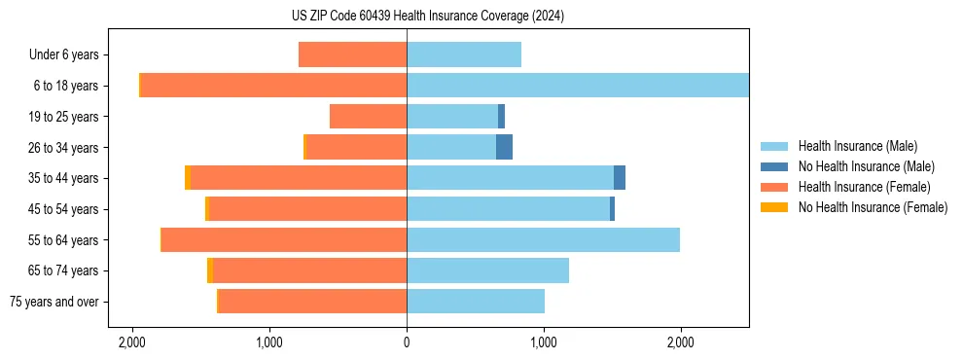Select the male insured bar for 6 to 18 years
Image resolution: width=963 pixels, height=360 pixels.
point(578,86)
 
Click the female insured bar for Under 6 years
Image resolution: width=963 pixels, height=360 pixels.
point(352,54)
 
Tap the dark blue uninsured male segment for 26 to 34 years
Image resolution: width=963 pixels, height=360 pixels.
point(504,147)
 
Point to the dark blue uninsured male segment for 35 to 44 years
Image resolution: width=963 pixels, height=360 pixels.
point(620,178)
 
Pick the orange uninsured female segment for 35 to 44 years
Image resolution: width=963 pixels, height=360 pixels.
point(188,178)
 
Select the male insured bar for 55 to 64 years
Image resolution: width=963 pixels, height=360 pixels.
point(543,239)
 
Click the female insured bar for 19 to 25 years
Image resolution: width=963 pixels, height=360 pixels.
point(368,117)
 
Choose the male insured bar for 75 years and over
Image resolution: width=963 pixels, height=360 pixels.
point(476,302)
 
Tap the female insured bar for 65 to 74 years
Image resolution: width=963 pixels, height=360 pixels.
point(309,270)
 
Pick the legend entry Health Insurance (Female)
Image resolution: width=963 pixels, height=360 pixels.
point(864,187)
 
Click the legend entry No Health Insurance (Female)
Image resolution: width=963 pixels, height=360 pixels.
point(873,207)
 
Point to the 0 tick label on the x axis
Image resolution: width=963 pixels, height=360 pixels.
point(407,342)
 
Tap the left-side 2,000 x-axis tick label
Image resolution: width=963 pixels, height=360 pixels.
point(132,342)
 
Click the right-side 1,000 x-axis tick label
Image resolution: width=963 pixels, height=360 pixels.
point(544,342)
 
